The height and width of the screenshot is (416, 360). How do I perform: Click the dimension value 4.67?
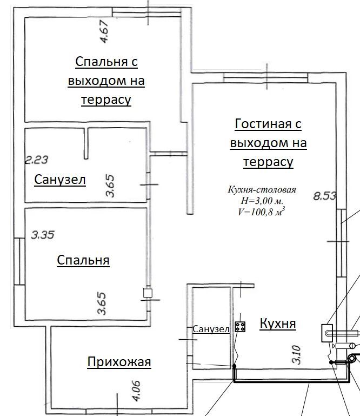[x=104, y=31]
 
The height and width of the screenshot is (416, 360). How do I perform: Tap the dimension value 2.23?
[x=37, y=160]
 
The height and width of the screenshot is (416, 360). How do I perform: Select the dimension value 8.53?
[x=324, y=196]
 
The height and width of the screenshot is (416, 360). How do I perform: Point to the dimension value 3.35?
[x=43, y=235]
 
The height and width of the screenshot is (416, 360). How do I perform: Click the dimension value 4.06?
[x=137, y=391]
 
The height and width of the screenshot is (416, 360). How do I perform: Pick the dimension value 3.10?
[x=296, y=354]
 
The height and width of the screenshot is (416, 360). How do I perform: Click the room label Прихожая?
[x=119, y=361]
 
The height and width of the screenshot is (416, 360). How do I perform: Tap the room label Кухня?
[x=277, y=323]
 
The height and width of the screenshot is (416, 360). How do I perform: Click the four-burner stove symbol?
[x=240, y=327]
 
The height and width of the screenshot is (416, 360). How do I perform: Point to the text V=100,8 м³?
[x=262, y=212]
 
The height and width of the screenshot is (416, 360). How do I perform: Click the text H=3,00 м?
[x=262, y=201]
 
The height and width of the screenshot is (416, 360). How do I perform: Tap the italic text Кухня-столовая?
[x=262, y=190]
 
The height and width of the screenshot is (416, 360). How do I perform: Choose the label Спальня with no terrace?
[x=83, y=260]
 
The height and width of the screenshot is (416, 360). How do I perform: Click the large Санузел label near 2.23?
[x=60, y=180]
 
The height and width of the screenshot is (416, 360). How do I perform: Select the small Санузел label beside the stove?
[x=211, y=329]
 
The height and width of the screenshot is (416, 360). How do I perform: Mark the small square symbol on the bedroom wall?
[x=148, y=293]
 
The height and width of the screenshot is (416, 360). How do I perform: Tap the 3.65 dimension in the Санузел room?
[x=110, y=186]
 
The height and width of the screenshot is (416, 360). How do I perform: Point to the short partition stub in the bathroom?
[x=86, y=143]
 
